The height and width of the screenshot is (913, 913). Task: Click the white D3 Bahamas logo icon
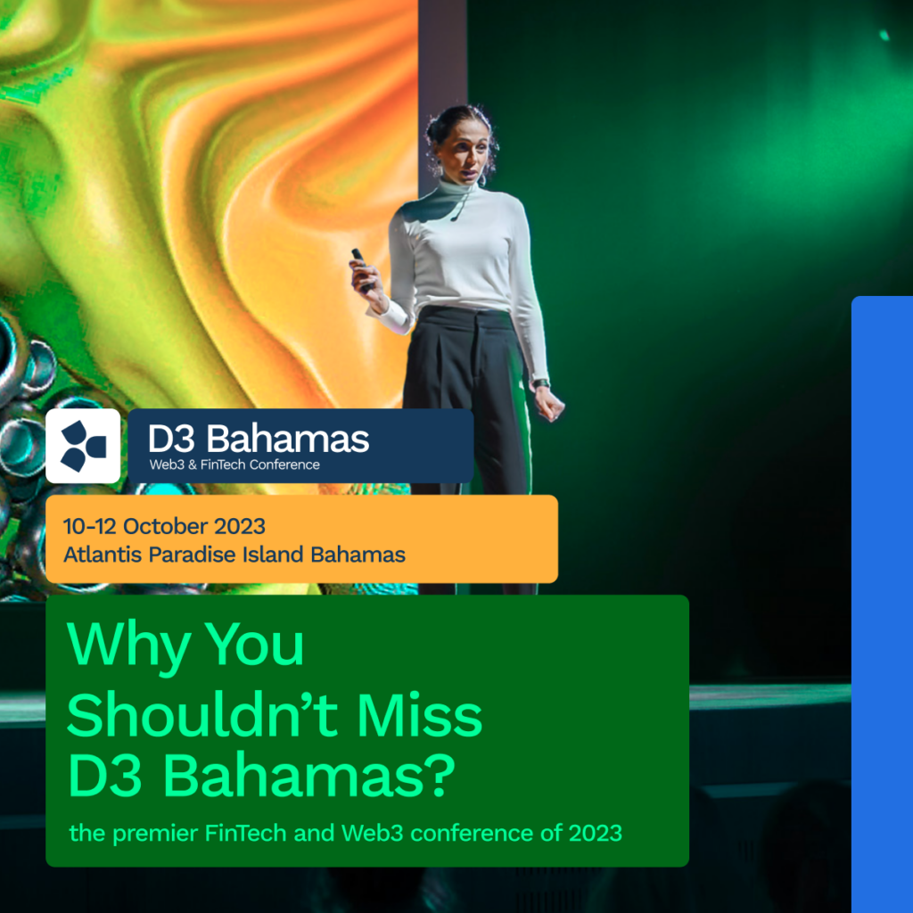click(x=83, y=446)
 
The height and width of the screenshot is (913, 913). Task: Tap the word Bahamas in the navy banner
click(x=288, y=439)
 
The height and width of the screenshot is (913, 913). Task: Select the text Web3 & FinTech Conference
click(x=234, y=465)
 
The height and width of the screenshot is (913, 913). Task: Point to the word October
click(x=165, y=526)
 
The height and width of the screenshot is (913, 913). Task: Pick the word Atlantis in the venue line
click(x=103, y=555)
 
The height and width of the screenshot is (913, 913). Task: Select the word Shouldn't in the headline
click(x=202, y=715)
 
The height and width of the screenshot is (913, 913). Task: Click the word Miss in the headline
click(x=420, y=715)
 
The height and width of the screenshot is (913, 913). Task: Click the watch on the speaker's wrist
click(x=541, y=383)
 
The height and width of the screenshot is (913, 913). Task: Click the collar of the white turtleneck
click(x=460, y=189)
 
